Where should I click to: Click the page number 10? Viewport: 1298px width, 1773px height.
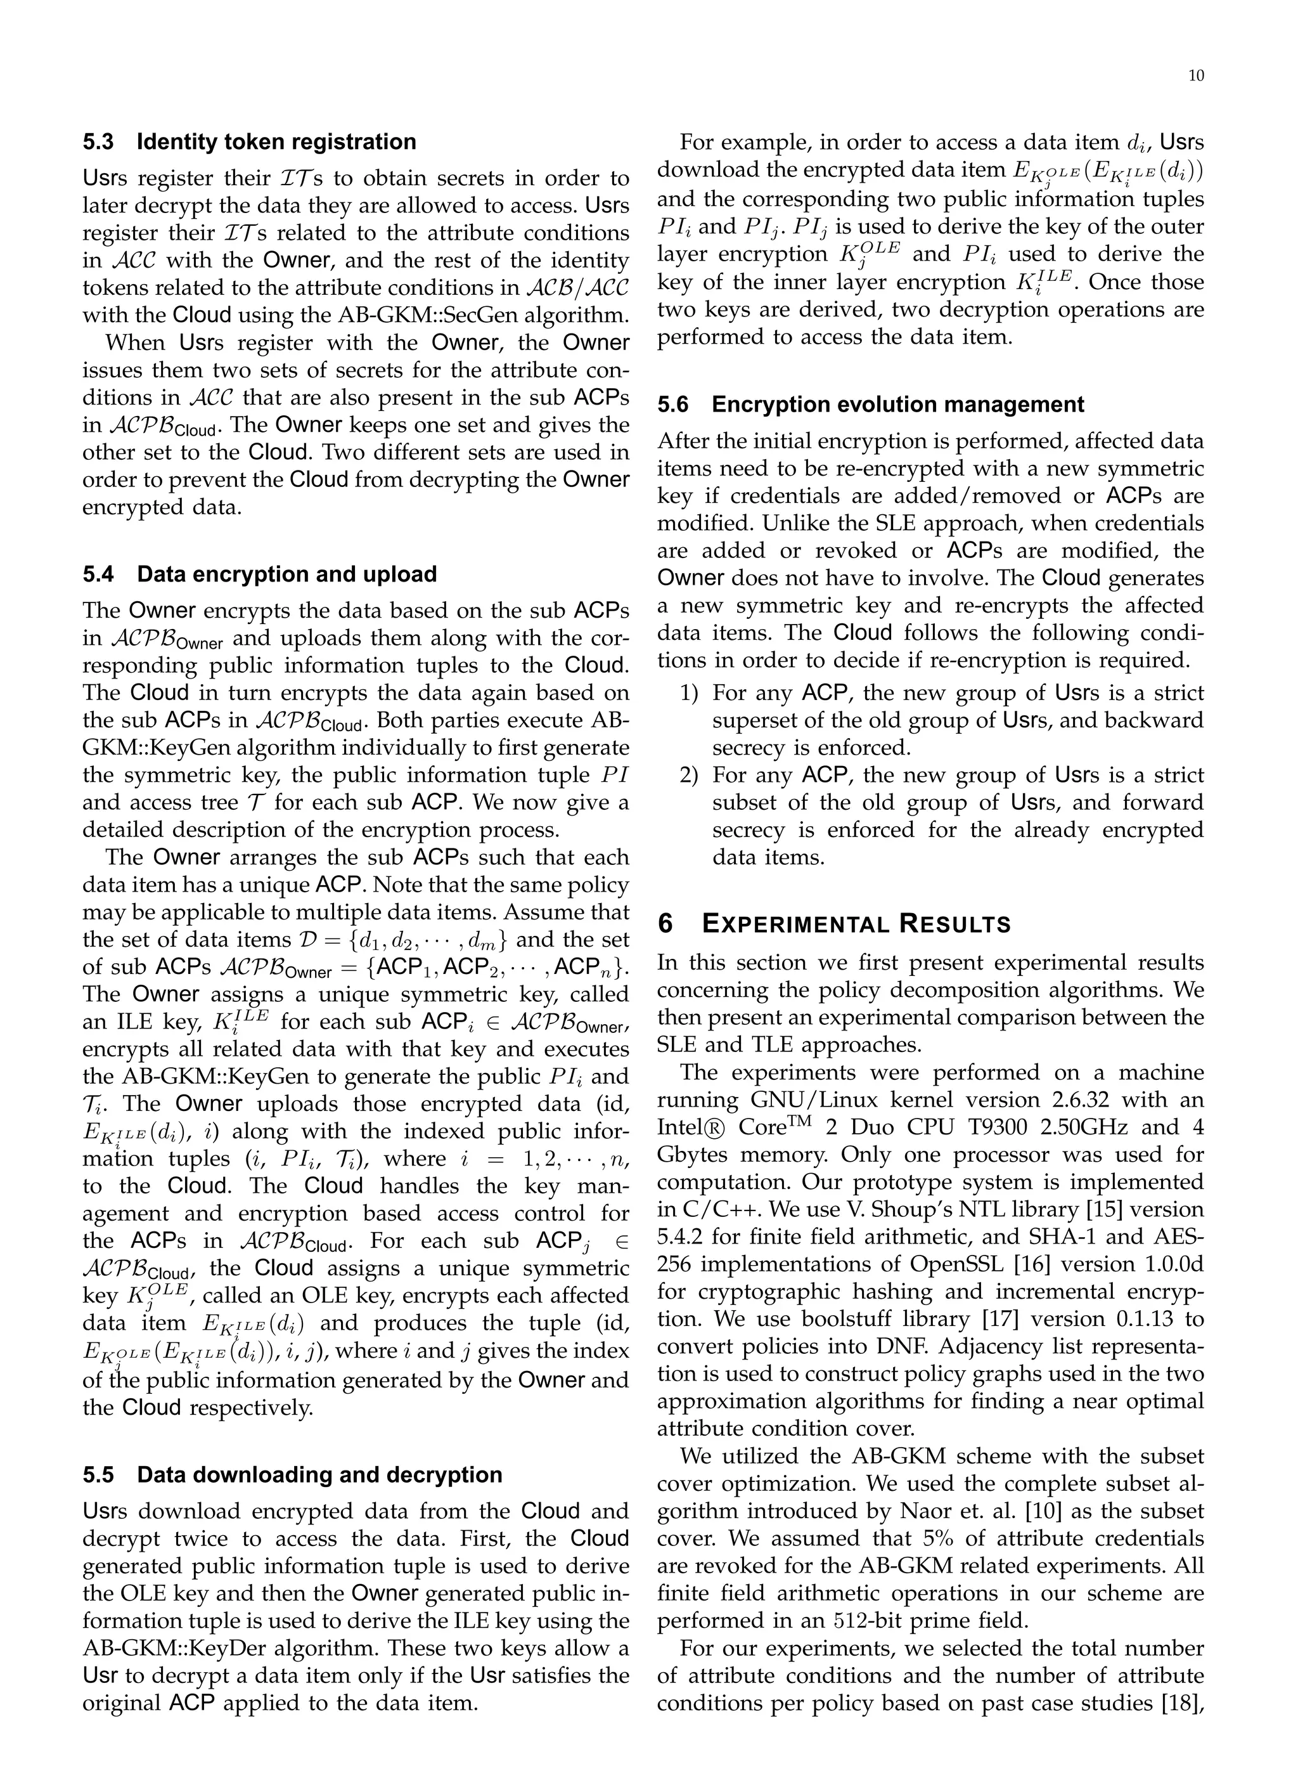coord(1195,76)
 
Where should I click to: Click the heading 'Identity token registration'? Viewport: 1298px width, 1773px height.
coord(276,142)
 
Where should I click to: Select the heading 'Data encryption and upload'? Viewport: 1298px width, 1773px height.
coord(286,575)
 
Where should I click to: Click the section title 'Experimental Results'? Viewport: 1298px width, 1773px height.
coord(856,924)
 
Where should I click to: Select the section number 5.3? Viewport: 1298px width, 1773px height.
coord(99,142)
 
